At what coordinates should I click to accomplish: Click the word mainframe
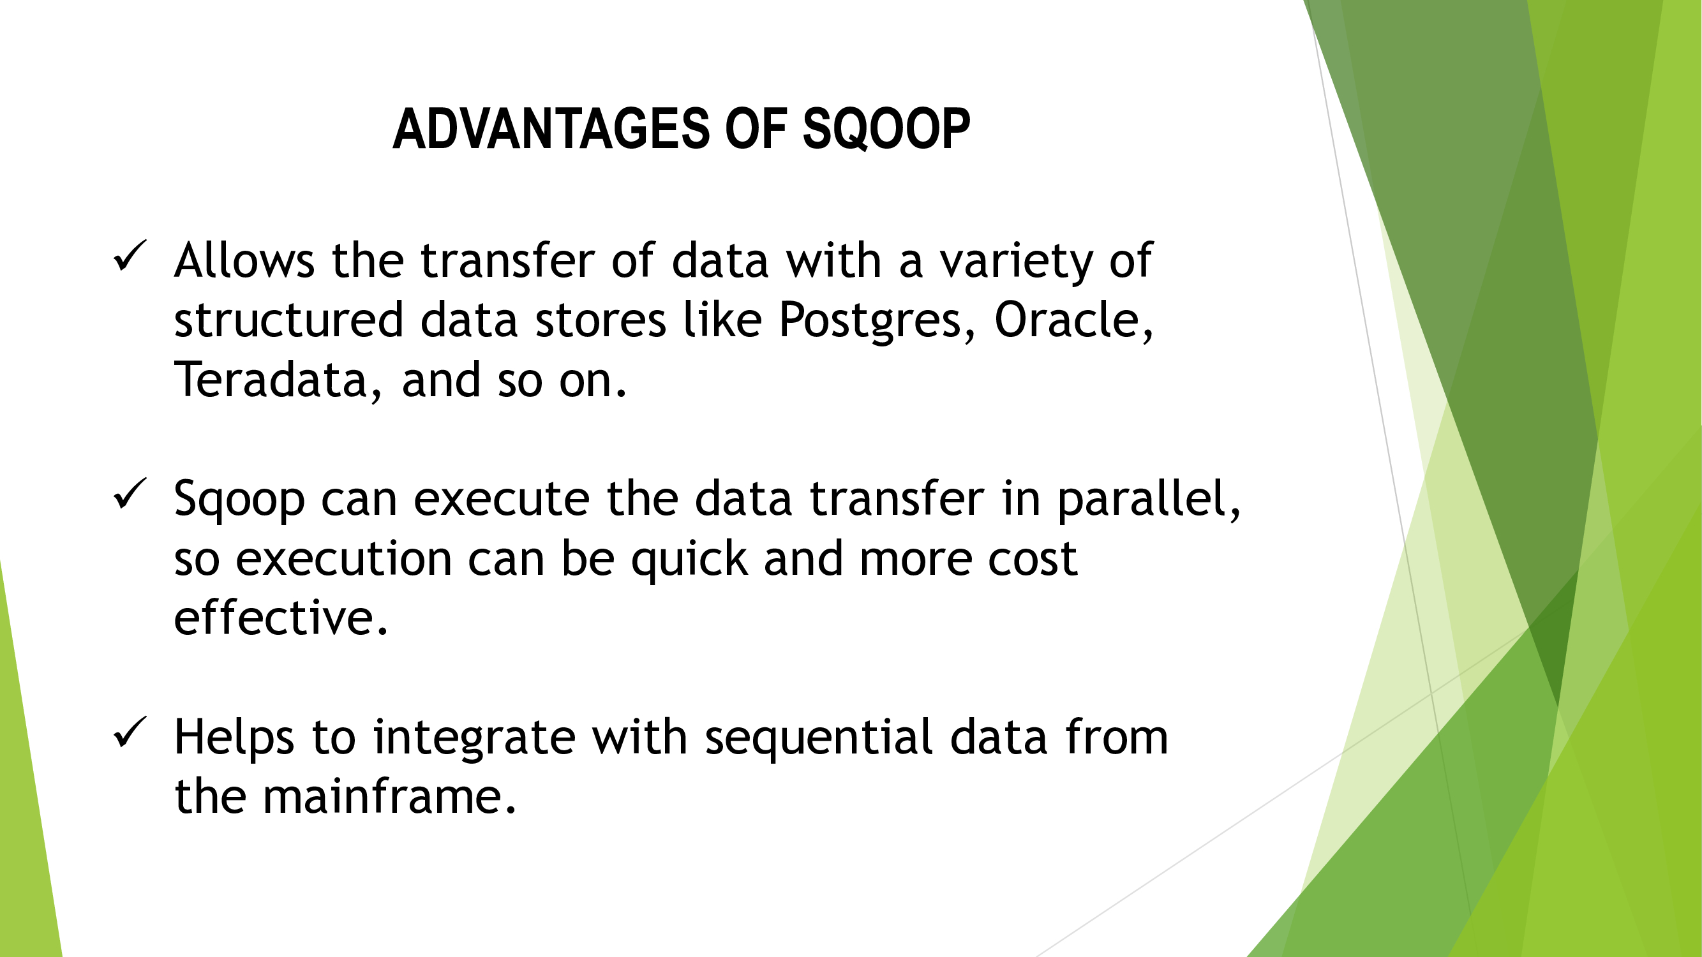tap(389, 796)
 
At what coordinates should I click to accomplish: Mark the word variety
tap(1016, 262)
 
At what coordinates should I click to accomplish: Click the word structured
tap(288, 320)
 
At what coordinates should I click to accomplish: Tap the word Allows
tap(244, 260)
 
